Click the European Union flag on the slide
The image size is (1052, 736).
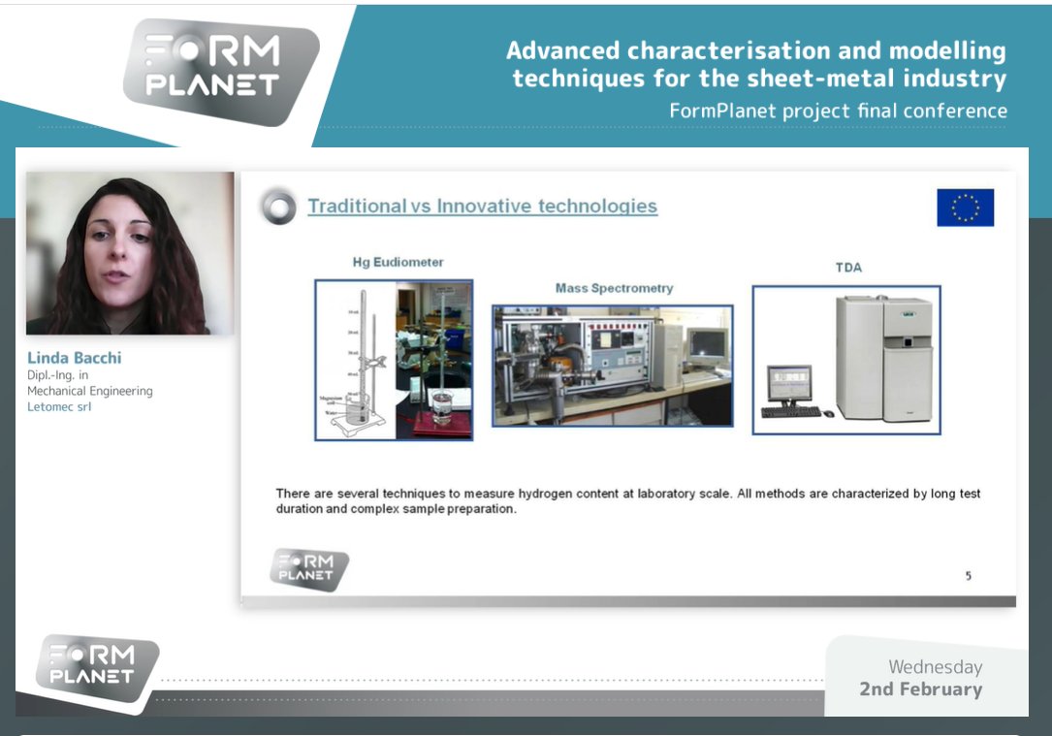click(965, 208)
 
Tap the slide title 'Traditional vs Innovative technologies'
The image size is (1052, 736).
click(482, 206)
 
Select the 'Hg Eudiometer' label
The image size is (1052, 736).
click(398, 262)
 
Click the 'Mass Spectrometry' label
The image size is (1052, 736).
click(614, 288)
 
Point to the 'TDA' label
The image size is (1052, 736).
click(848, 268)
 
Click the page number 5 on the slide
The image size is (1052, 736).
click(968, 576)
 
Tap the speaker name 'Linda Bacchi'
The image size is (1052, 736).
click(74, 358)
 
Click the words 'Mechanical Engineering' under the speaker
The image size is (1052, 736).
click(89, 391)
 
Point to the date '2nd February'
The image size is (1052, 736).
click(920, 689)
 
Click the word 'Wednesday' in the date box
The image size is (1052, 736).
click(935, 667)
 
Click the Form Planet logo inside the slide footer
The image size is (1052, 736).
click(308, 568)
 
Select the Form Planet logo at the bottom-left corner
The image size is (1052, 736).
click(96, 665)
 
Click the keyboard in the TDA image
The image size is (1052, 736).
click(790, 412)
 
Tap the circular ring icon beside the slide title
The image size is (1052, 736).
click(279, 207)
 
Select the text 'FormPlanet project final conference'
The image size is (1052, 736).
click(838, 111)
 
